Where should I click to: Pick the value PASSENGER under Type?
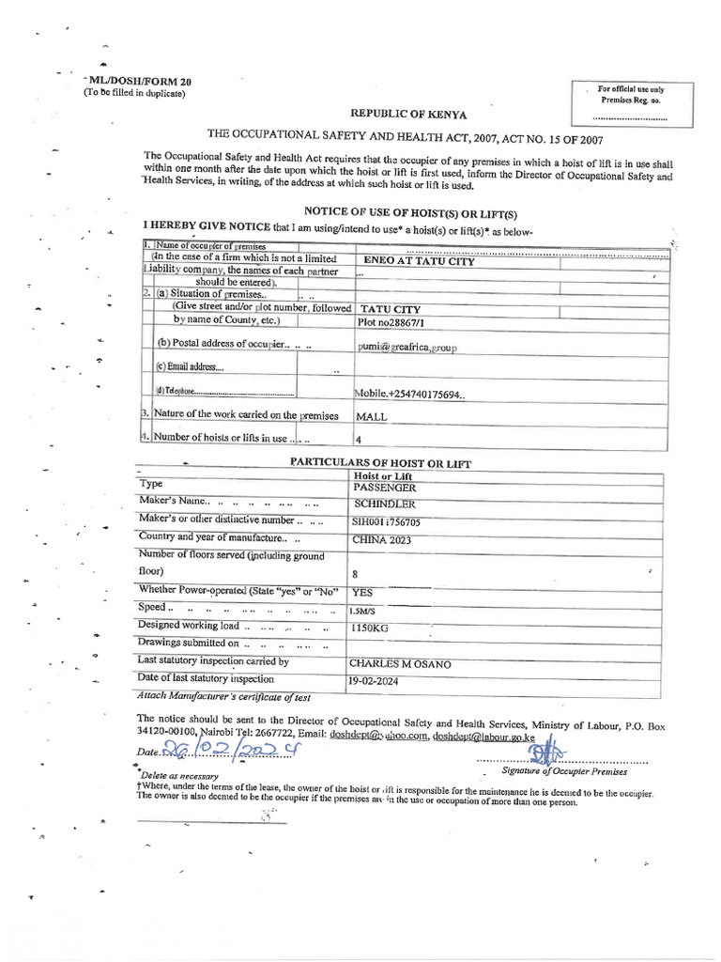pyautogui.click(x=384, y=489)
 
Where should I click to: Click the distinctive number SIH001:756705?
pyautogui.click(x=387, y=521)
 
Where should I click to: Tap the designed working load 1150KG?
pyautogui.click(x=371, y=627)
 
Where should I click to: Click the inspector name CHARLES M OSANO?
pyautogui.click(x=400, y=663)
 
